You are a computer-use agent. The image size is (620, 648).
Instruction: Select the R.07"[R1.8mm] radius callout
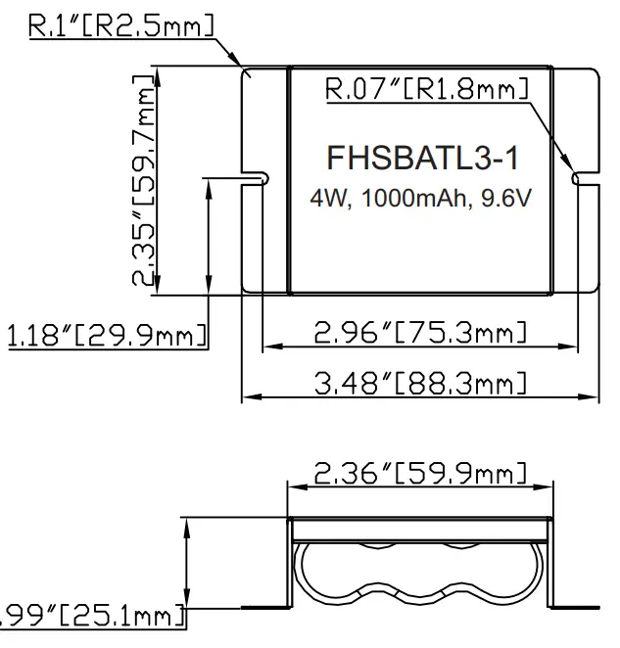click(425, 91)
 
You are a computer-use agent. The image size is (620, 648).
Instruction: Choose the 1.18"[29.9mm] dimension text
click(106, 336)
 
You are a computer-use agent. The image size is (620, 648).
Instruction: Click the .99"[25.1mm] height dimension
click(93, 617)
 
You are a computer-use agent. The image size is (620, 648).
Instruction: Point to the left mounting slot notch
click(257, 178)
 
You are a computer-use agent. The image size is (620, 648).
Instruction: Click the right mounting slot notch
click(583, 178)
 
